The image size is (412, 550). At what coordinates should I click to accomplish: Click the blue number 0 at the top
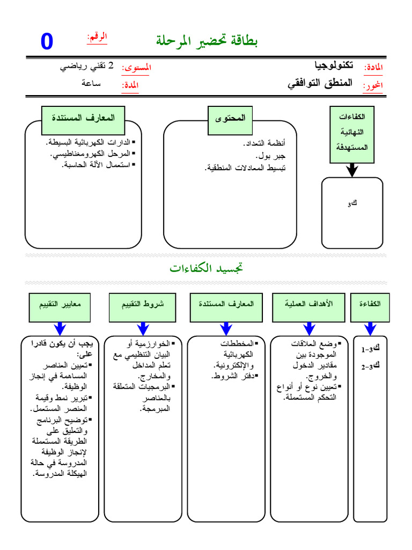(x=47, y=42)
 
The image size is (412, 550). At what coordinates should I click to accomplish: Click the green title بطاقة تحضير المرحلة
(x=207, y=40)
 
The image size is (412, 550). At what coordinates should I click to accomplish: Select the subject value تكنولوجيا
(x=334, y=66)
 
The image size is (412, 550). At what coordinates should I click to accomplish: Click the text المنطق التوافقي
(x=320, y=83)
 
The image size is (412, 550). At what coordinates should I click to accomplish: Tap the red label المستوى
(x=137, y=68)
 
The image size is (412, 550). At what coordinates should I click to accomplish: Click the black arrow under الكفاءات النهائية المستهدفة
(x=351, y=170)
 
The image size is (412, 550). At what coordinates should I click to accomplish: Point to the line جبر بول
(x=272, y=156)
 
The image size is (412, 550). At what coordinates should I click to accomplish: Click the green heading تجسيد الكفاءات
(x=207, y=267)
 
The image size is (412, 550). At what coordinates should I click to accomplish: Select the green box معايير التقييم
(x=60, y=304)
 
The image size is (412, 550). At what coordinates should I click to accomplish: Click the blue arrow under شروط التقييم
(x=143, y=328)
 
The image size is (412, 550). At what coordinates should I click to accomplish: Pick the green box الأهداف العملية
(x=309, y=304)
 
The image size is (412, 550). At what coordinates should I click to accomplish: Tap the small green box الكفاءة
(x=370, y=304)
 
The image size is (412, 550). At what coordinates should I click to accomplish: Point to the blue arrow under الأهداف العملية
(x=309, y=328)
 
